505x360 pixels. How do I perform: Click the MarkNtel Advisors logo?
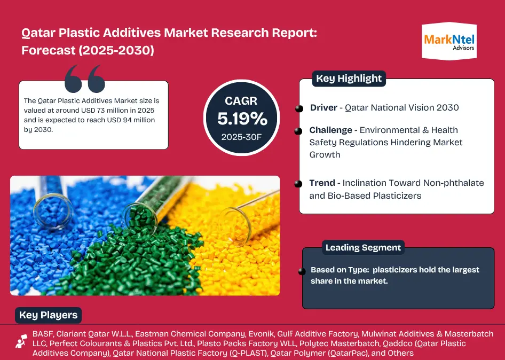pyautogui.click(x=449, y=41)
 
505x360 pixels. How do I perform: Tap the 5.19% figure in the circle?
pyautogui.click(x=242, y=119)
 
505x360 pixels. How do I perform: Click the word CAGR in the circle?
pyautogui.click(x=241, y=100)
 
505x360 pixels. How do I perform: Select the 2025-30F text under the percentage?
pyautogui.click(x=241, y=137)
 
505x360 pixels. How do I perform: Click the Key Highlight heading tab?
pyautogui.click(x=349, y=79)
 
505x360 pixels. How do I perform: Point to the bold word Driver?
pyautogui.click(x=323, y=107)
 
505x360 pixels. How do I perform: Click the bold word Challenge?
pyautogui.click(x=330, y=130)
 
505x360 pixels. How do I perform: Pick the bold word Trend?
pyautogui.click(x=322, y=183)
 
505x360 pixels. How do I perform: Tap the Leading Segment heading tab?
pyautogui.click(x=363, y=247)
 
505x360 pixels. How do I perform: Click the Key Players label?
pyautogui.click(x=48, y=315)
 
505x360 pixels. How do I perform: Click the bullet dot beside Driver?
pyautogui.click(x=299, y=108)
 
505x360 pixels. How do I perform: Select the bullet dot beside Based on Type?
pyautogui.click(x=302, y=271)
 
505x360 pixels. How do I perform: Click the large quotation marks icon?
pyautogui.click(x=85, y=79)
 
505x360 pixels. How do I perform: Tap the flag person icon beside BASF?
pyautogui.click(x=21, y=341)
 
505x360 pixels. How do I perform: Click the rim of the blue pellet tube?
pyautogui.click(x=53, y=211)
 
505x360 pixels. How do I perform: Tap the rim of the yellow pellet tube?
pyautogui.click(x=235, y=226)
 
